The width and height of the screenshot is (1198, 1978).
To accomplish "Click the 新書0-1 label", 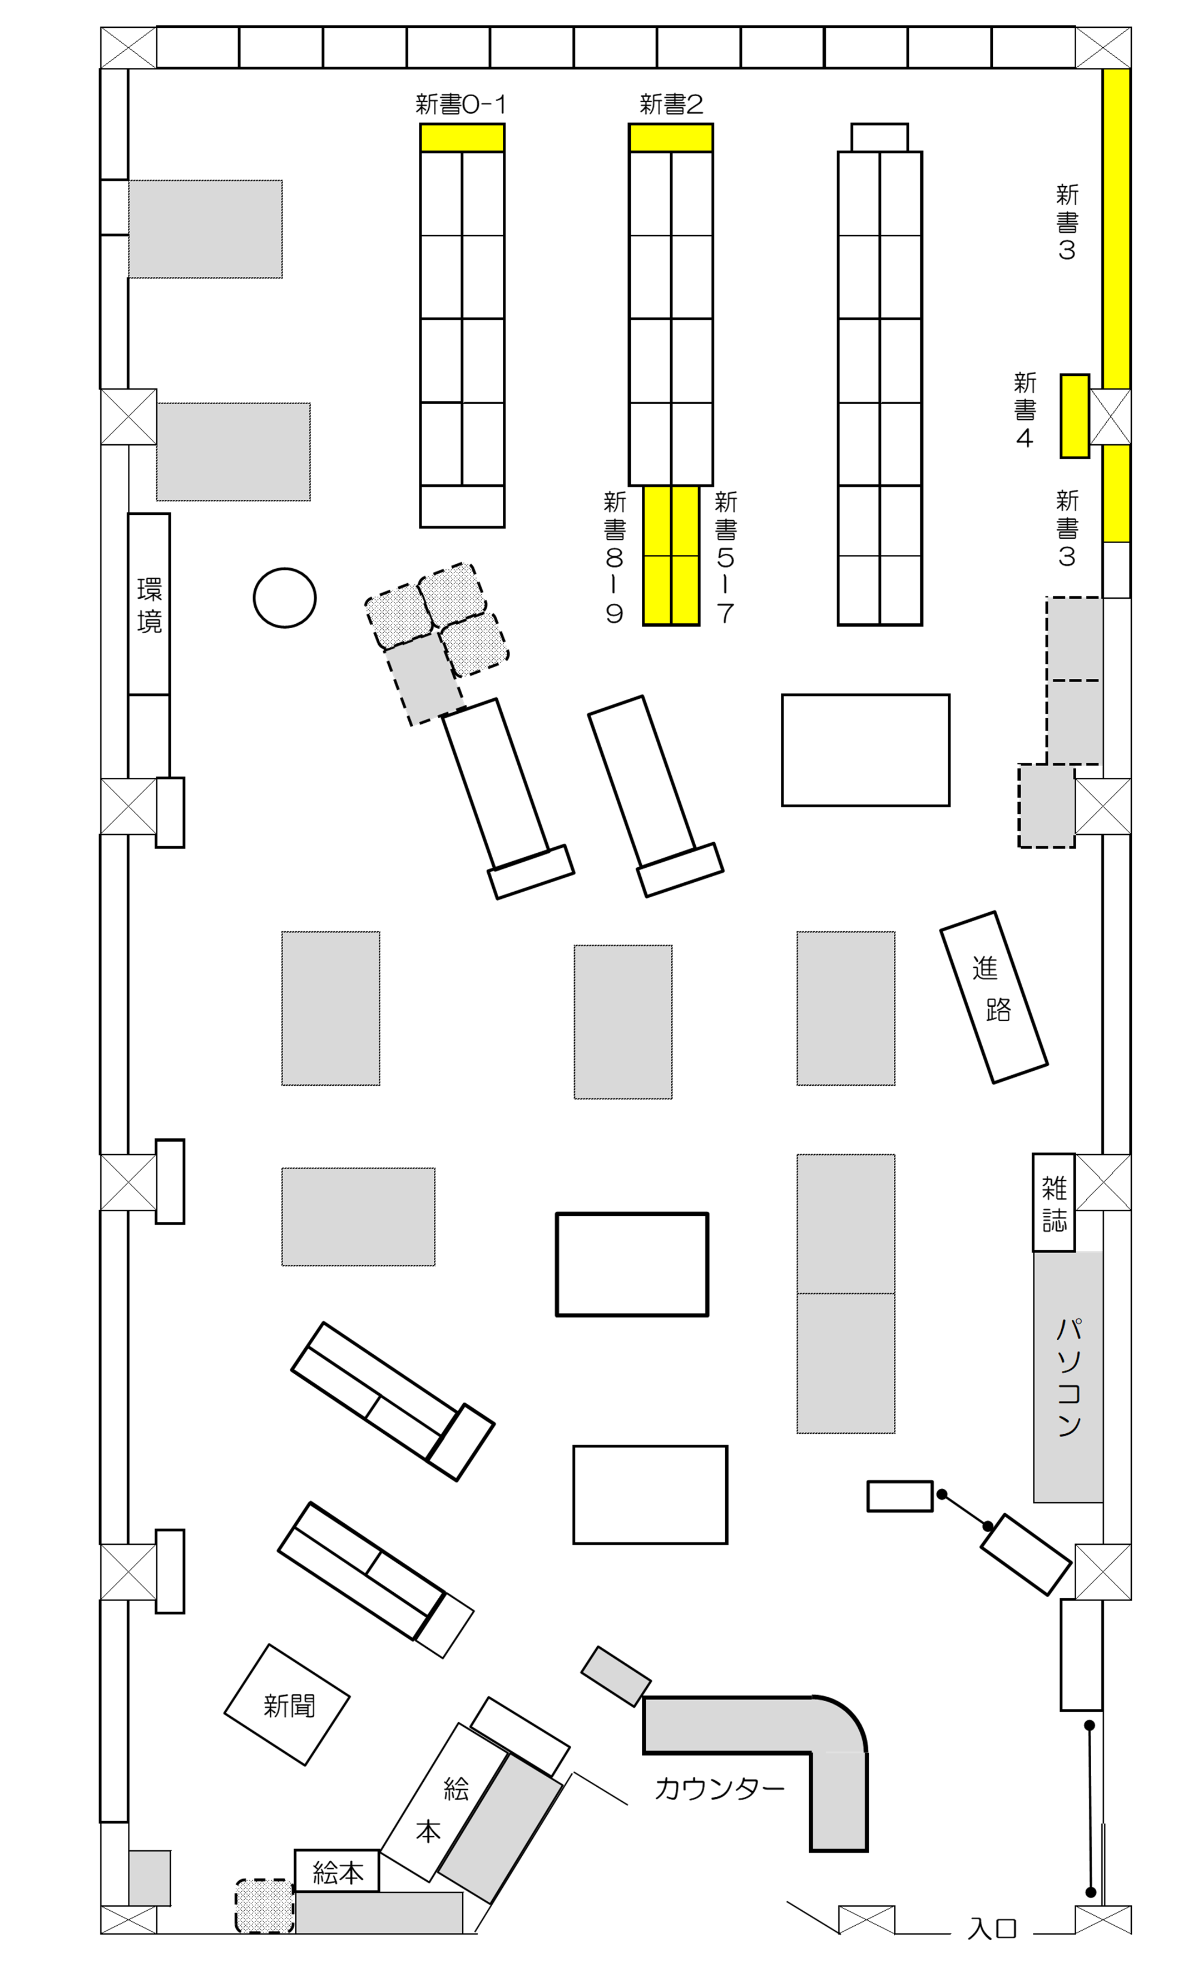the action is pos(460,105).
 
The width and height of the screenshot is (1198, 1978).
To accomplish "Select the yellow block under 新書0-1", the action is pos(462,138).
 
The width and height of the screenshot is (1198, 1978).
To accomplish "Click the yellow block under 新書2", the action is pos(670,138).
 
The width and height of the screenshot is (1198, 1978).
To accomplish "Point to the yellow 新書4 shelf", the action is pos(1075,416).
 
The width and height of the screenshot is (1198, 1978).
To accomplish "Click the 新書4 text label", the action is pos(1024,409).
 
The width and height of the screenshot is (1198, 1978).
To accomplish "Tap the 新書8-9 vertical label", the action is pos(614,557).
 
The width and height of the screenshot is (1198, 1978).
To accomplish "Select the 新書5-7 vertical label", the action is pos(725,557).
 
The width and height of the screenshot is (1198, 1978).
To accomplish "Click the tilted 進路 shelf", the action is pos(993,997).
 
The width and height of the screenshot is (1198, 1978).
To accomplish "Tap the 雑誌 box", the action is pos(1053,1202).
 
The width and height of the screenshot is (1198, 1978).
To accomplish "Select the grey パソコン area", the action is pos(1068,1376).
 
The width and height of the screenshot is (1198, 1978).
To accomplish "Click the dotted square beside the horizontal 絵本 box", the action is pos(264,1906).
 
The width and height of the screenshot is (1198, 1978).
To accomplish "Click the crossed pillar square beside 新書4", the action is pos(1110,416).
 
